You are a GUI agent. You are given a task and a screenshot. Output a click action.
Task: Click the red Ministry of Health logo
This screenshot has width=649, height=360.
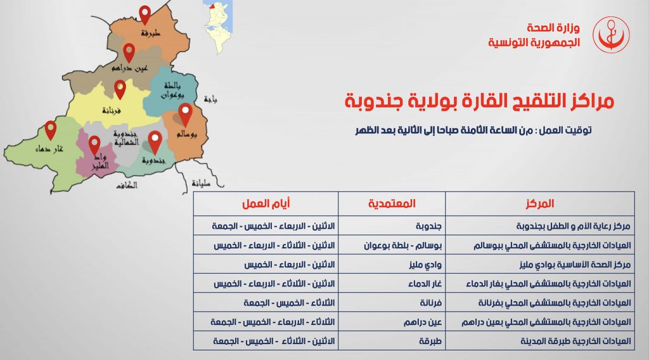(x=611, y=35)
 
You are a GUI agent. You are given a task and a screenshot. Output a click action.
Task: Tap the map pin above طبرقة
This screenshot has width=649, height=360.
(x=145, y=15)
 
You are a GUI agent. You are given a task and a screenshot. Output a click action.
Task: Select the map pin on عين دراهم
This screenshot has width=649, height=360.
(x=129, y=53)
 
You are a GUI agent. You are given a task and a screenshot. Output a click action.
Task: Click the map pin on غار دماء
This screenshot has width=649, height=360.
(x=51, y=131)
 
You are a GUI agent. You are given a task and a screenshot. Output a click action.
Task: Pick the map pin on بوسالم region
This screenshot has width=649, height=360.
(x=185, y=115)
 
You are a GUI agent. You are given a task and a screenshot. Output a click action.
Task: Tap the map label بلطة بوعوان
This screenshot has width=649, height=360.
(x=172, y=90)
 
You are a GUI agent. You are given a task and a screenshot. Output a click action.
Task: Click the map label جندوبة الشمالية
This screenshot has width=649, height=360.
(x=126, y=138)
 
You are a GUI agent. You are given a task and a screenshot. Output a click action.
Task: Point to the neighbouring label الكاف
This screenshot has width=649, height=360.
(x=127, y=185)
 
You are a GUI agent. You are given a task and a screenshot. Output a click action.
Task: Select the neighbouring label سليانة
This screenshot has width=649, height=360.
(x=201, y=183)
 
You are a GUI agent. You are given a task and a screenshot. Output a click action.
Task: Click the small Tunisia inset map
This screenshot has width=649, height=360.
(x=218, y=27)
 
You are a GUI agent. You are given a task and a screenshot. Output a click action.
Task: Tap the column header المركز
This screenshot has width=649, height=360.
(x=540, y=203)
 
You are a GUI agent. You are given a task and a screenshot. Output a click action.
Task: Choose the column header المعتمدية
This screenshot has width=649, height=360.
(x=392, y=203)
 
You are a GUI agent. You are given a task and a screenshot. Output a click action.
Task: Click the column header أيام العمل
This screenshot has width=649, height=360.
(x=266, y=203)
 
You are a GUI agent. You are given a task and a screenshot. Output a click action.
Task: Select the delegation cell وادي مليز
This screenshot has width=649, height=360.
(x=425, y=264)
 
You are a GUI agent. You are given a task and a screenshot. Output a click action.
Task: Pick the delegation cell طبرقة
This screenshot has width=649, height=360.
(x=430, y=341)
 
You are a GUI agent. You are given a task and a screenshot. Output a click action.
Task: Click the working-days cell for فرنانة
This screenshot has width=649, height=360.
(x=289, y=303)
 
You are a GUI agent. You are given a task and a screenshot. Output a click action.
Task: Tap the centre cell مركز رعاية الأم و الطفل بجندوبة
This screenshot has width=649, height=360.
(x=573, y=226)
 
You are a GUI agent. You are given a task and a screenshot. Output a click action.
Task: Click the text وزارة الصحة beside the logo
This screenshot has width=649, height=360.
(x=553, y=28)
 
